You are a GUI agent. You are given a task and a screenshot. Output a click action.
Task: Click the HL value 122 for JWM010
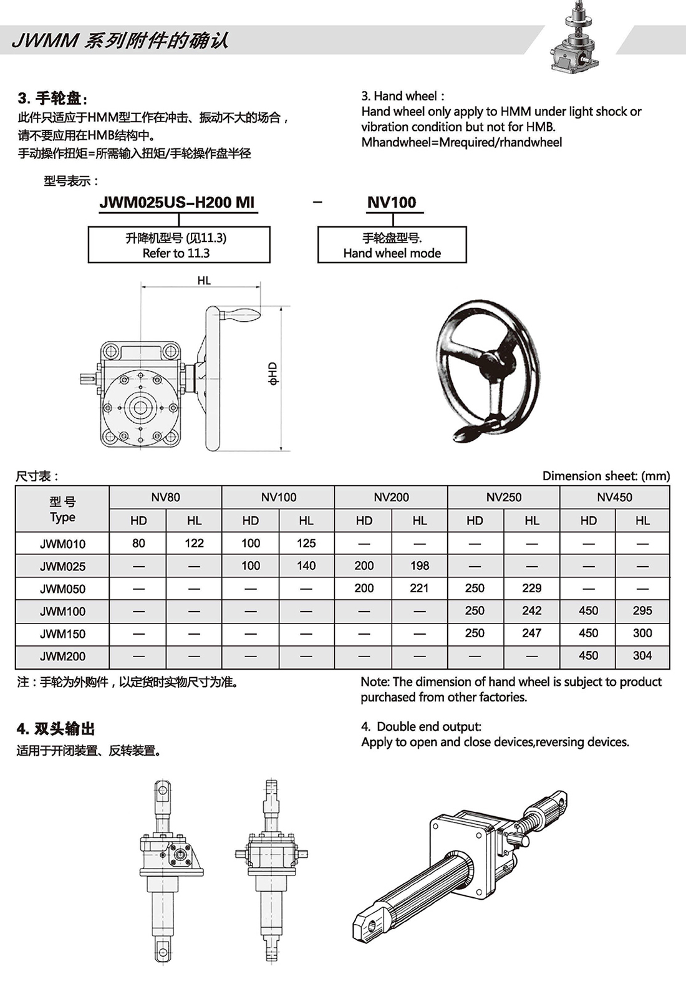click(194, 543)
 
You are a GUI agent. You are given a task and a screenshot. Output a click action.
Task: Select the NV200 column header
click(391, 497)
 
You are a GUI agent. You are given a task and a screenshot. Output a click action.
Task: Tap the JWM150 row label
click(62, 633)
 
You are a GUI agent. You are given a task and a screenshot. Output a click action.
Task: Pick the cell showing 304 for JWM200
click(642, 655)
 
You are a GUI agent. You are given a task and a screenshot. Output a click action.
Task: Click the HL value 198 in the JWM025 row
click(419, 566)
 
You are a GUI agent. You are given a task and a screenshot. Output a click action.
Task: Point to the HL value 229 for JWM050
click(531, 588)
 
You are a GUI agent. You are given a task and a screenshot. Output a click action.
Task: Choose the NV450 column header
click(614, 497)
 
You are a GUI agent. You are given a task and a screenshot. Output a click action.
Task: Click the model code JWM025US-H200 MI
click(177, 202)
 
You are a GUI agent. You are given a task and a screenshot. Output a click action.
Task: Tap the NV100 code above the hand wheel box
click(392, 202)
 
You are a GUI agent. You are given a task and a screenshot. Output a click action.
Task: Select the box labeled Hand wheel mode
click(392, 245)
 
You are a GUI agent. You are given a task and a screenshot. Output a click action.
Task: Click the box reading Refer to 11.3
click(178, 245)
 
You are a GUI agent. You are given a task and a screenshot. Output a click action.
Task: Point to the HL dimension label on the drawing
click(204, 281)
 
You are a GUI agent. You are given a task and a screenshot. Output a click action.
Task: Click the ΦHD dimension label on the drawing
click(273, 373)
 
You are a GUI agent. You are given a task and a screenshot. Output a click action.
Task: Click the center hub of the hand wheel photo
click(496, 361)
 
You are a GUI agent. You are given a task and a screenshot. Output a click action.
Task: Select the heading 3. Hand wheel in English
click(403, 96)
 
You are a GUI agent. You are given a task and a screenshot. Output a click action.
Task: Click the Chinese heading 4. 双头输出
click(56, 728)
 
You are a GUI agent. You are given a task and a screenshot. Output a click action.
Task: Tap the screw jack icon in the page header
click(574, 39)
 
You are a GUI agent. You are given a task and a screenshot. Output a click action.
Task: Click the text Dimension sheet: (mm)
click(606, 476)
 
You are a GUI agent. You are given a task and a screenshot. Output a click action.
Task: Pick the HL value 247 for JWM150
click(531, 633)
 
